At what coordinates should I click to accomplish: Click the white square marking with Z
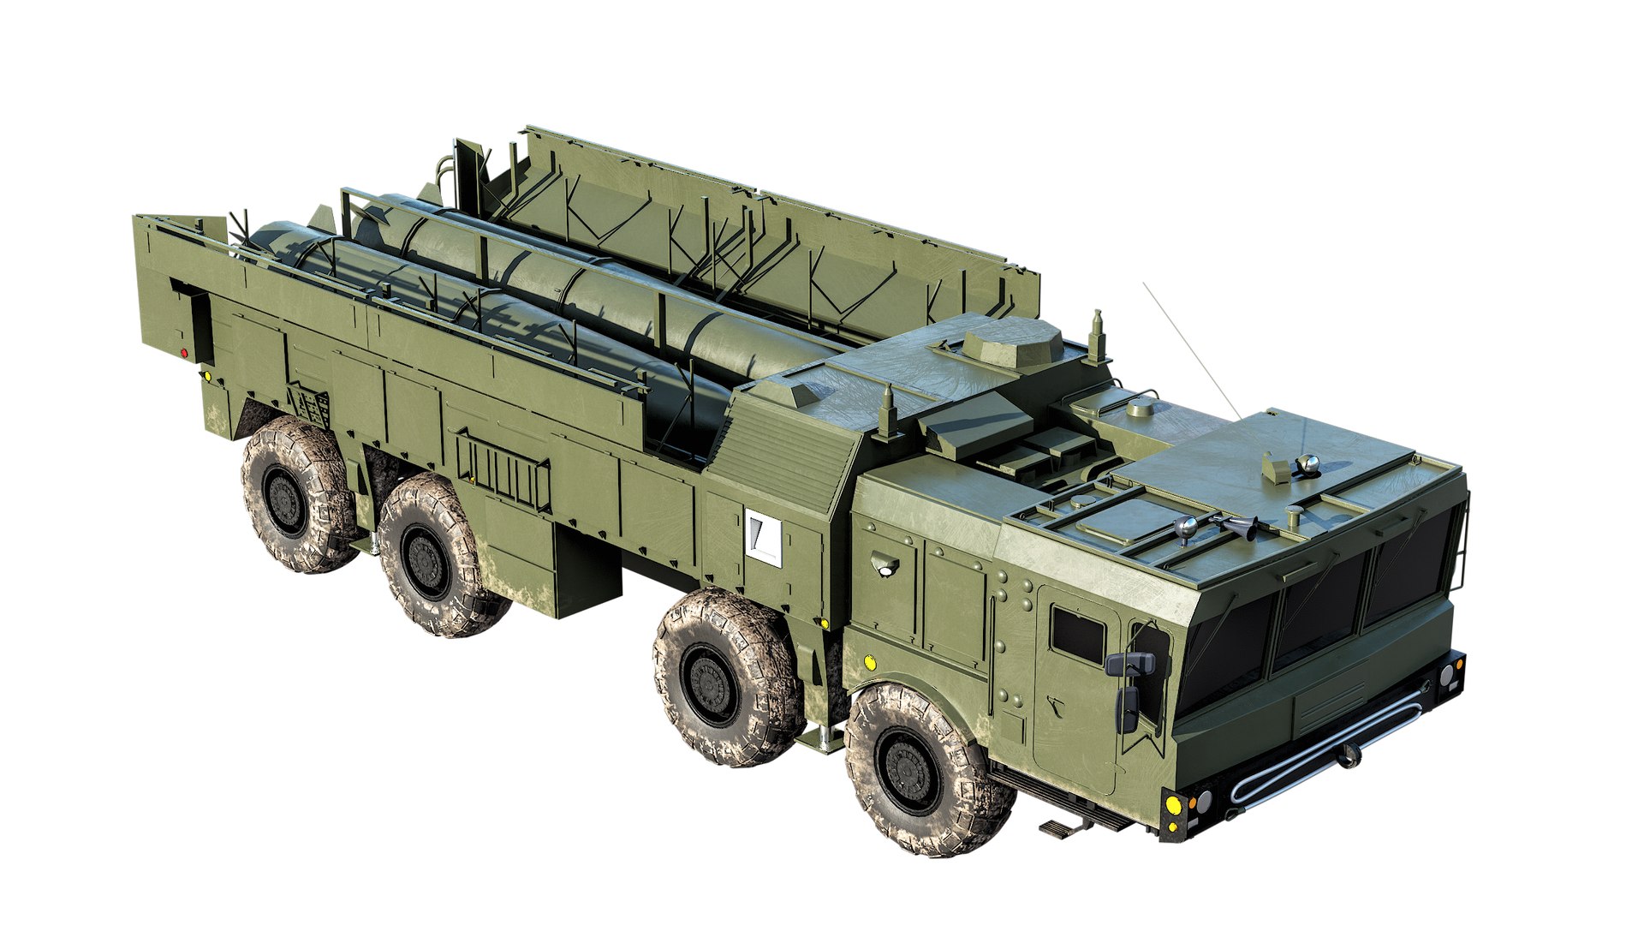pyautogui.click(x=764, y=536)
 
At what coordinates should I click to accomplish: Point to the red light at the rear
pyautogui.click(x=184, y=352)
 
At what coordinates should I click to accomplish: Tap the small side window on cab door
pyautogui.click(x=1077, y=632)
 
